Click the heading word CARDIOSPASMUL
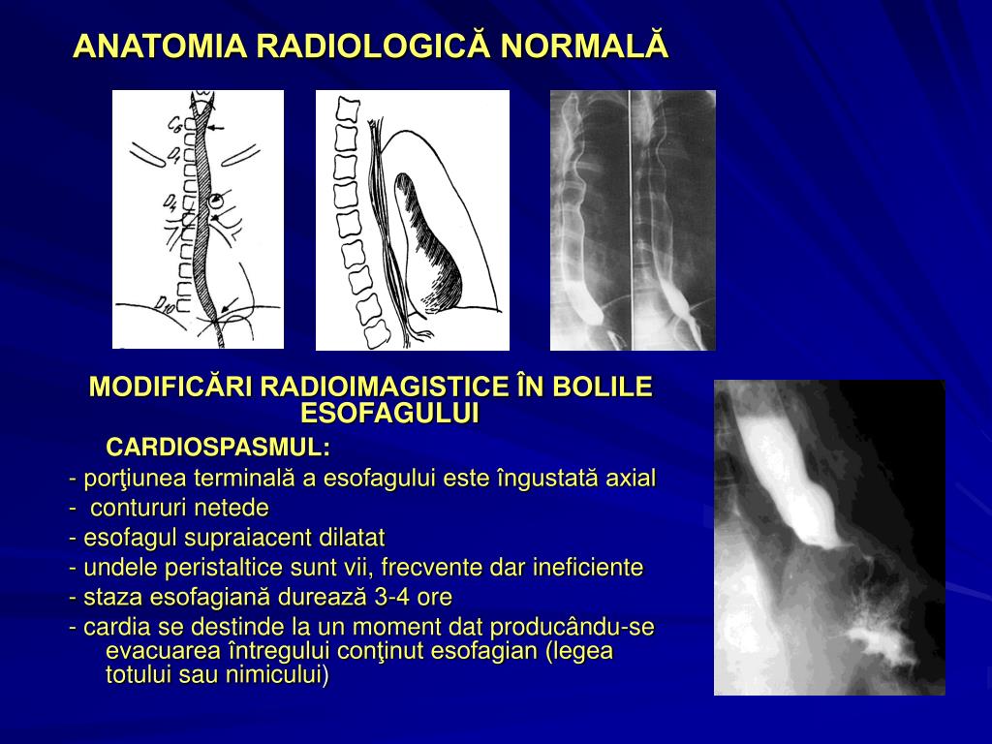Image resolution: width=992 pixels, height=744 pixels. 217,447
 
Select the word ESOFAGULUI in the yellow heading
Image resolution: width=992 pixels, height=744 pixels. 390,413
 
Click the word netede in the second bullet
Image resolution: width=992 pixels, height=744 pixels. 232,508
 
